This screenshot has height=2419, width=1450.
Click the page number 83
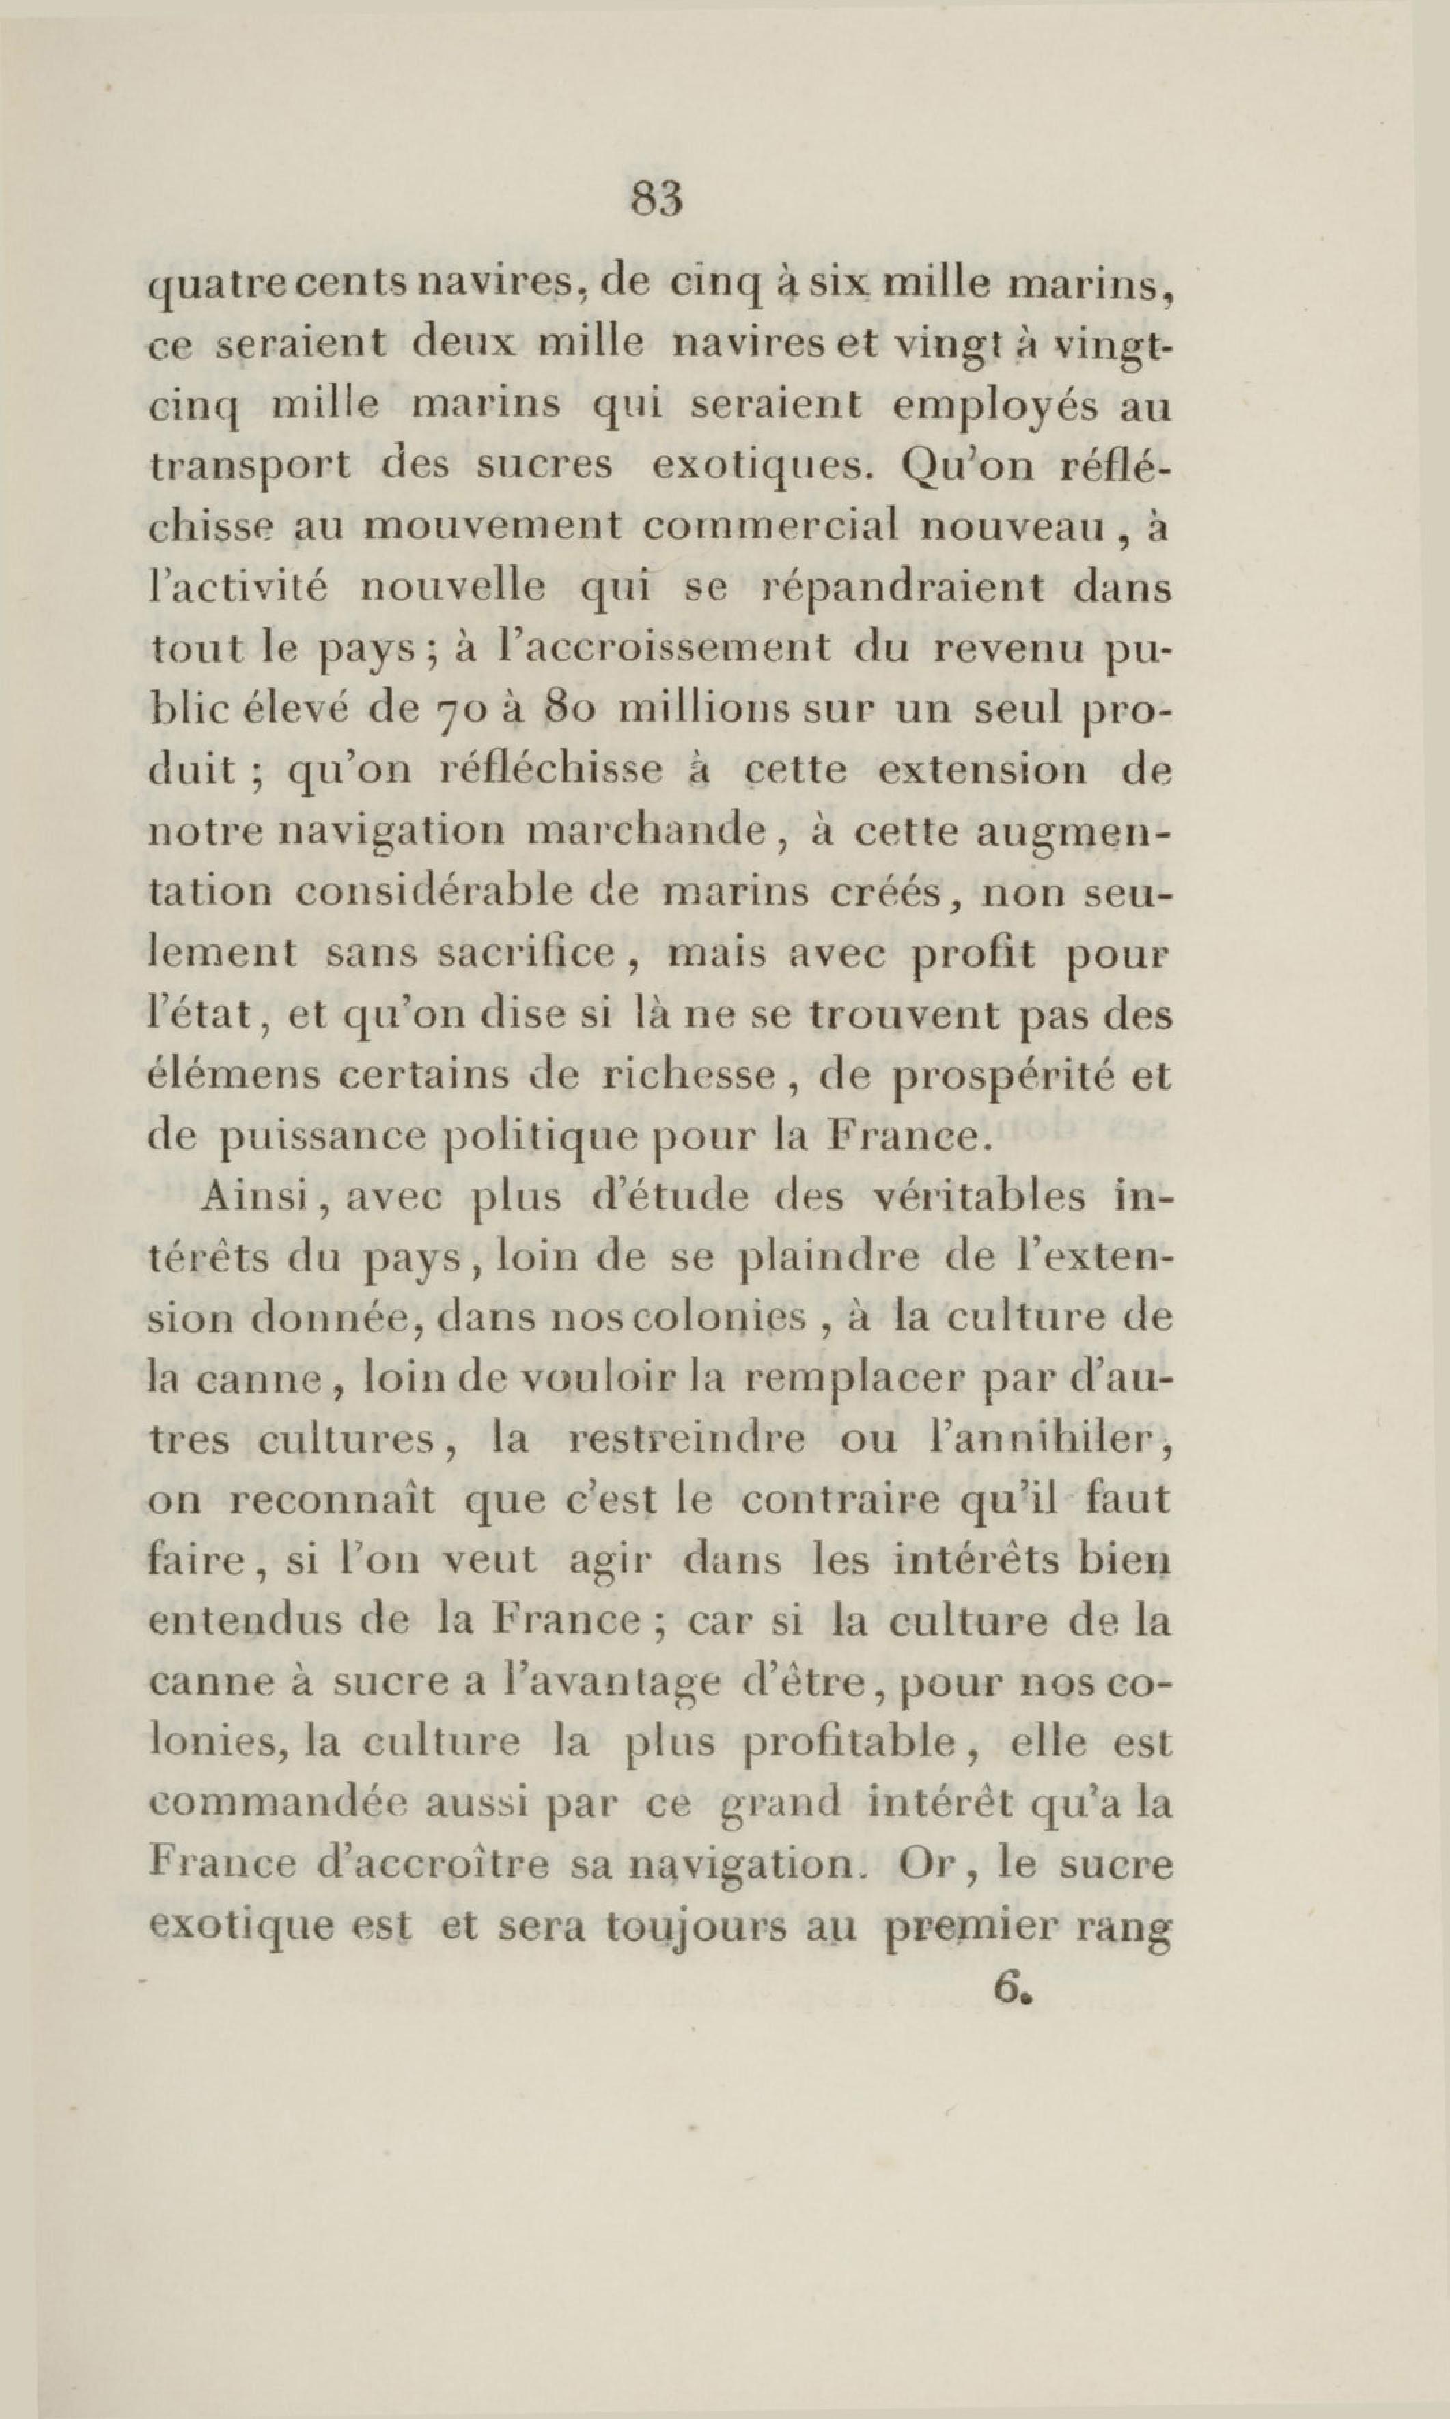(x=656, y=200)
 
